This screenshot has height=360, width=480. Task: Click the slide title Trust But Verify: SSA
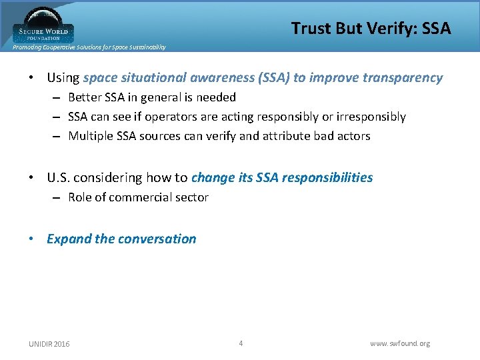pyautogui.click(x=371, y=28)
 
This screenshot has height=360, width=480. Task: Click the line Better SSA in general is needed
pyautogui.click(x=152, y=97)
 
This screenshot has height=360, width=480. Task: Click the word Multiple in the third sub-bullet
pyautogui.click(x=90, y=136)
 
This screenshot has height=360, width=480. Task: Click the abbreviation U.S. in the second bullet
pyautogui.click(x=58, y=178)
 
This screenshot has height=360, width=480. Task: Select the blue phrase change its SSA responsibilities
pyautogui.click(x=282, y=178)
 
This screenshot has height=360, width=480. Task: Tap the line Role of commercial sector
pyautogui.click(x=138, y=197)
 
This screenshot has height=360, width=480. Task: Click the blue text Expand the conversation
pyautogui.click(x=121, y=239)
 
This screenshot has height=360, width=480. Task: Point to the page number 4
pyautogui.click(x=241, y=343)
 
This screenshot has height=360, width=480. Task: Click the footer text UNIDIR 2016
pyautogui.click(x=49, y=344)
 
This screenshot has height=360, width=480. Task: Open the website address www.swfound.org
pyautogui.click(x=400, y=344)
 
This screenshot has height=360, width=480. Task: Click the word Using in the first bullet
pyautogui.click(x=63, y=78)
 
